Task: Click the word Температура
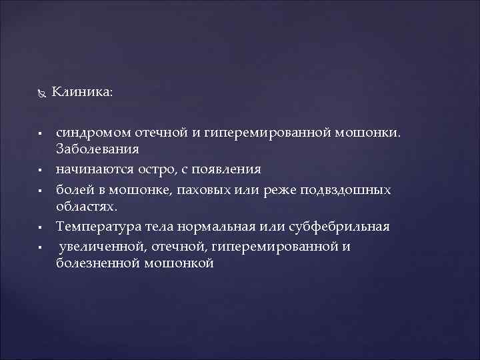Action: (97, 227)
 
